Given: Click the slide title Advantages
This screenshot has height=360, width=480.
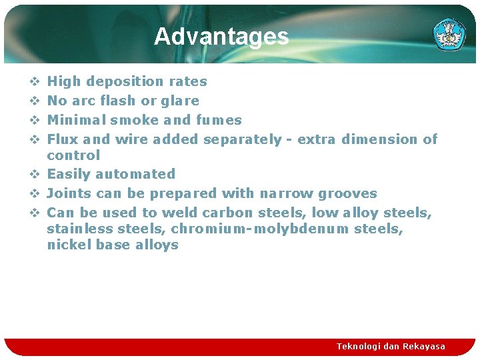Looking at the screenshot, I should point(221,37).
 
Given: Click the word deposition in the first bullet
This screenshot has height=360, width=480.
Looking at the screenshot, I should point(124,82).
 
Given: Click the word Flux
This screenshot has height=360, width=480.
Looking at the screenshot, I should point(63,139).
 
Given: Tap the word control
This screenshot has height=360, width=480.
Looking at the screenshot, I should point(73,155).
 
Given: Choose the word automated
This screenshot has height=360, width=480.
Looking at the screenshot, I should point(135,174).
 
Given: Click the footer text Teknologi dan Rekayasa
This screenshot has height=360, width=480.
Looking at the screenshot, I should point(391,347).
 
